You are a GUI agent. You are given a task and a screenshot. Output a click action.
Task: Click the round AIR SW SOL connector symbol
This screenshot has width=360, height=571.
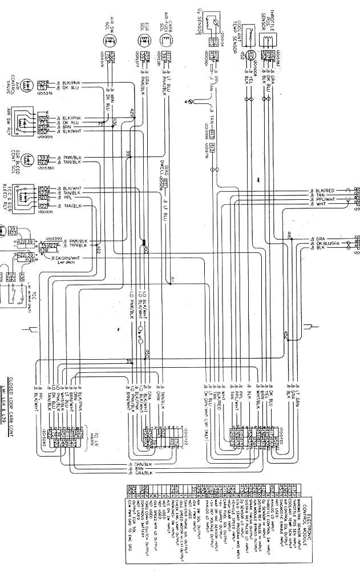pyautogui.click(x=110, y=41)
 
